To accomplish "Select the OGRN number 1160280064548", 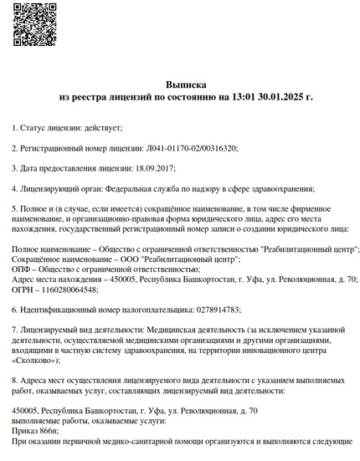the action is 62,289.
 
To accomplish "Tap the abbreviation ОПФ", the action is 21,269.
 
